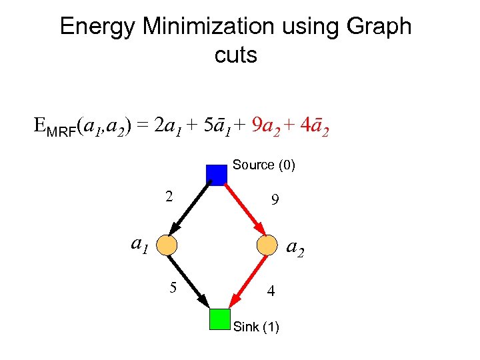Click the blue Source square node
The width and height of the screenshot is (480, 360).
point(217,175)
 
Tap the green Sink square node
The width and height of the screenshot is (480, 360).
point(219,319)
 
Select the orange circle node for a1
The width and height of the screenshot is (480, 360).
point(167,245)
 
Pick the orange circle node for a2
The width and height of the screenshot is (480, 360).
point(267,245)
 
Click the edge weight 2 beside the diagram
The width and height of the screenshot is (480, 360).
point(169,197)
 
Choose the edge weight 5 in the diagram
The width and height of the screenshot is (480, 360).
point(173,288)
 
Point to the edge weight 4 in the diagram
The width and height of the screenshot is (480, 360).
point(270,291)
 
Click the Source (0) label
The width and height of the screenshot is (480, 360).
point(263,165)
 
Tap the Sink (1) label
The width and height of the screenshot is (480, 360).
point(257,327)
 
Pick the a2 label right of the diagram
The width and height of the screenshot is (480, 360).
point(295,248)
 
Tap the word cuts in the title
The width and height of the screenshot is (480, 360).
point(236,55)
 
